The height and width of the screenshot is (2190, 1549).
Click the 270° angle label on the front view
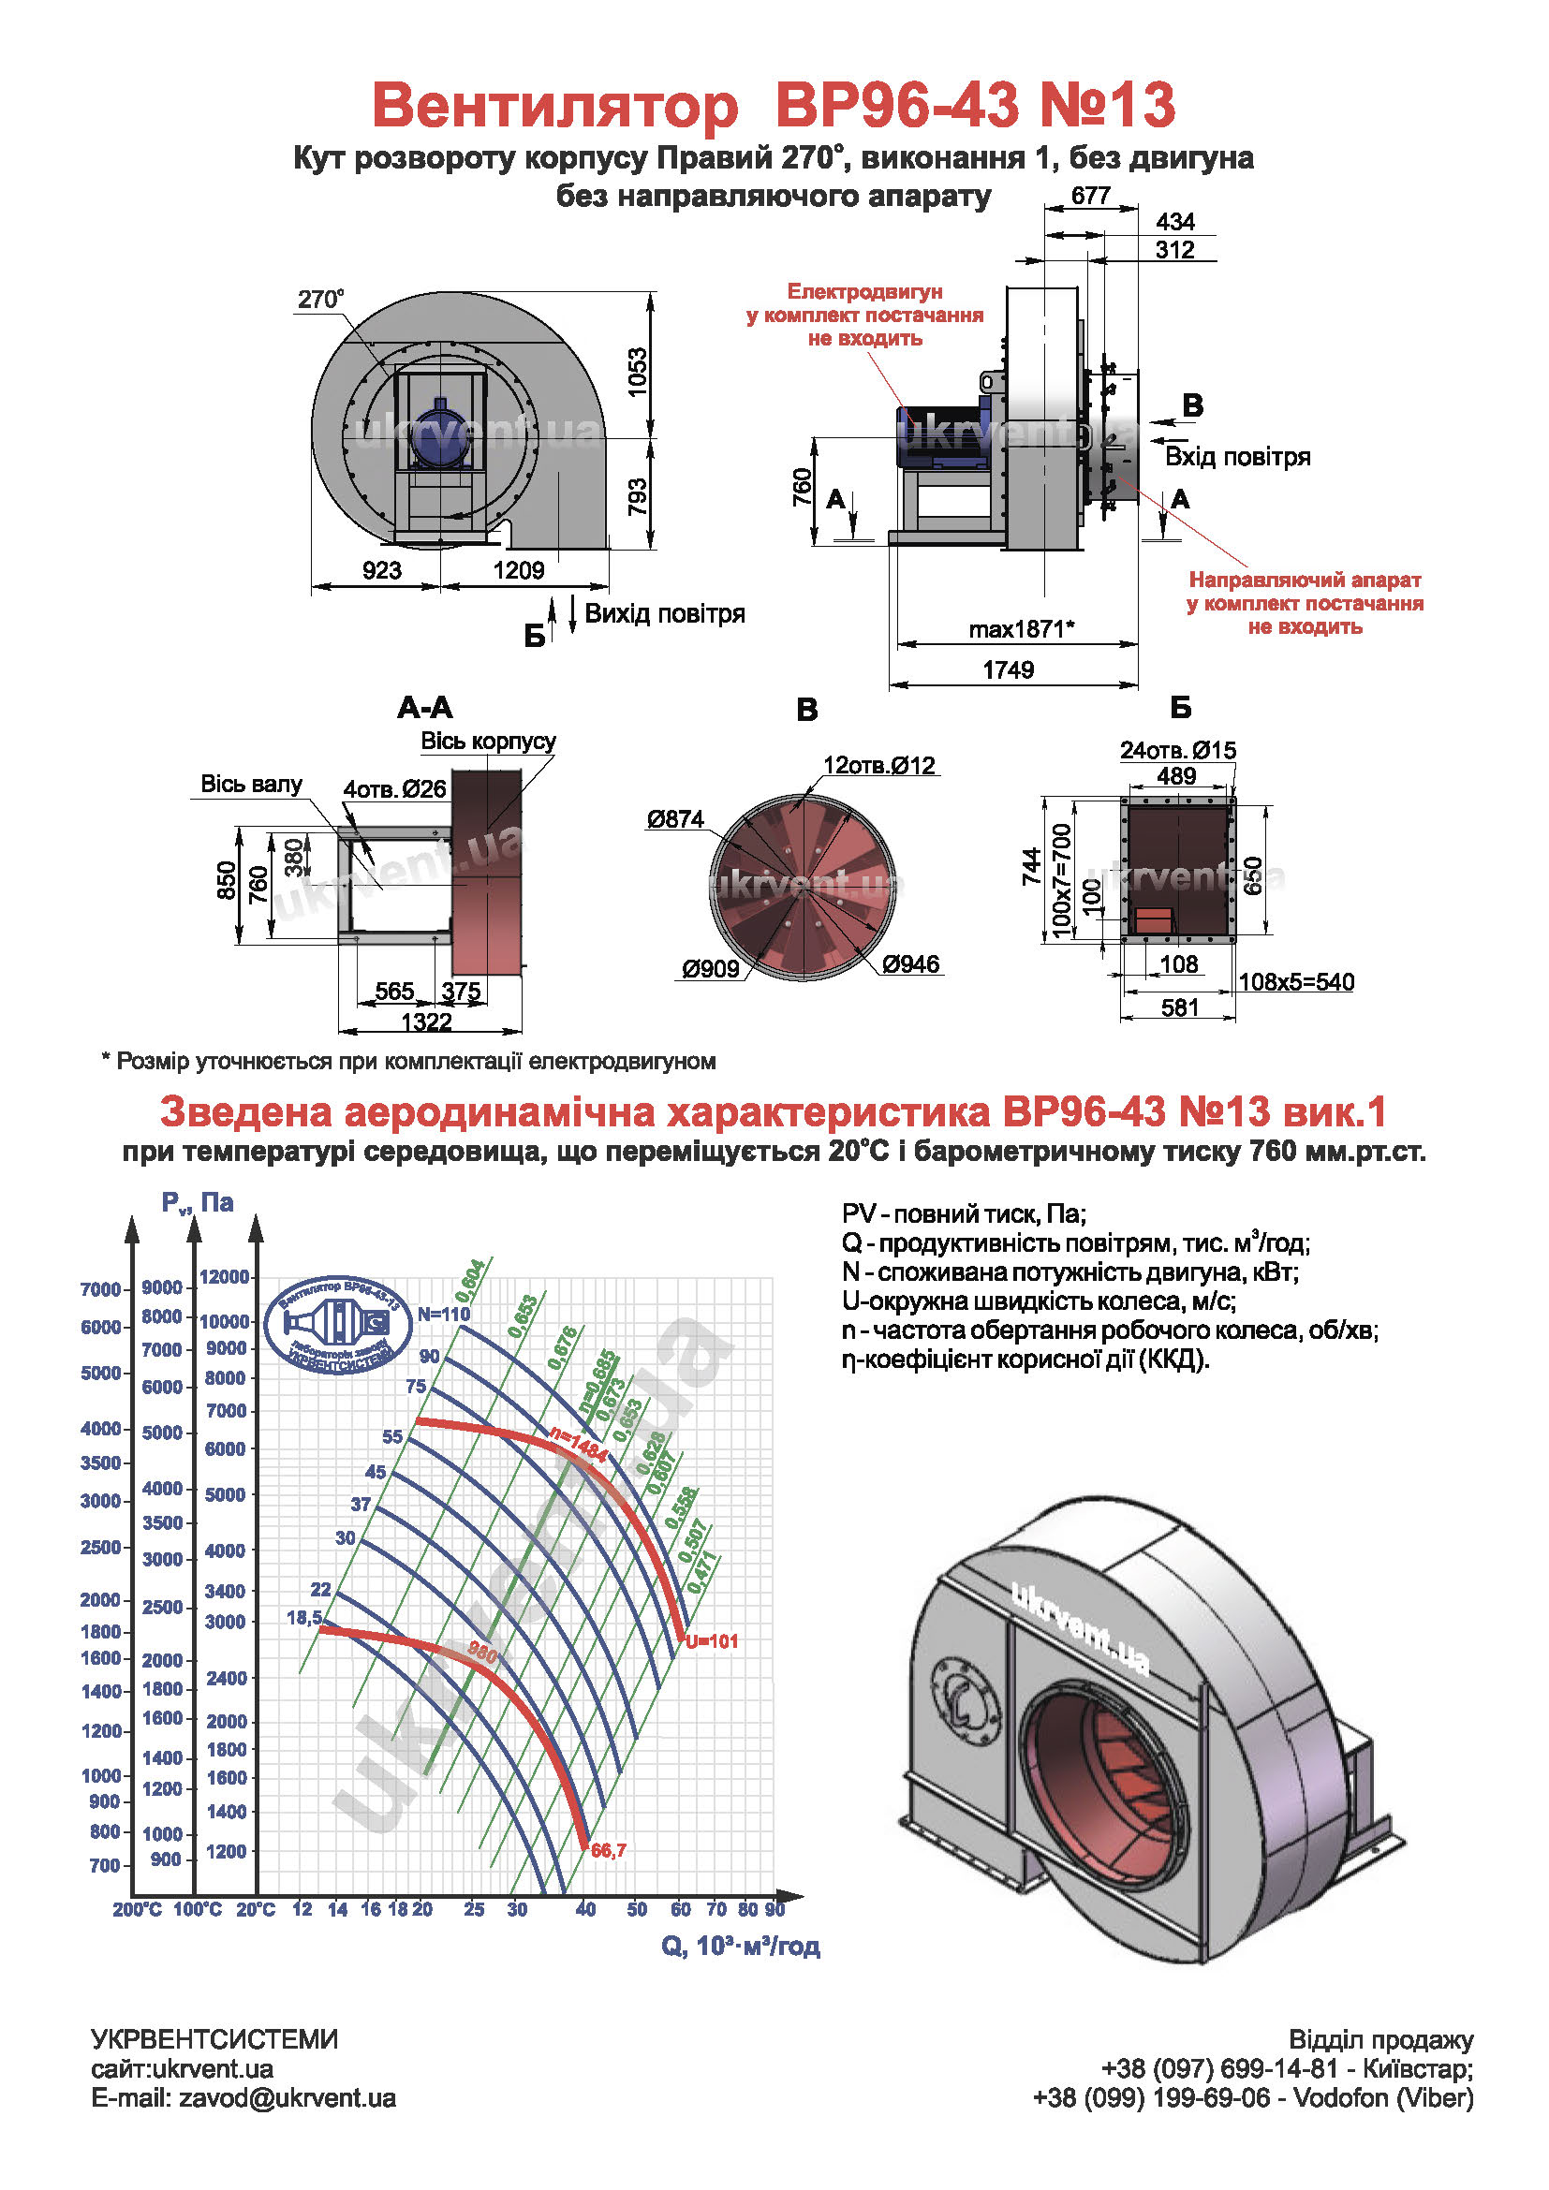point(319,299)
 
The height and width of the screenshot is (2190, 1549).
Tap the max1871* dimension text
point(1022,628)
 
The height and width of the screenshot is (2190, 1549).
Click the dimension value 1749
point(1009,669)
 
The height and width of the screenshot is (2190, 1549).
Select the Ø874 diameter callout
point(674,818)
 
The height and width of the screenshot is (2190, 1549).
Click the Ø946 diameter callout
point(911,964)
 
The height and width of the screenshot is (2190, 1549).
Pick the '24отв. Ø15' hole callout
point(1177,751)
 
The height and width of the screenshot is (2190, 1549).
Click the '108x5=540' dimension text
point(1295,982)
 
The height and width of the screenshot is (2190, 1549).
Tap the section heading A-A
point(424,708)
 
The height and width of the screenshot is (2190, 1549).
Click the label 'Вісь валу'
point(251,784)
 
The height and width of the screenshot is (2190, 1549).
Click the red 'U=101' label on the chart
point(712,1641)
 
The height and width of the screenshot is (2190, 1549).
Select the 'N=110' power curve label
point(444,1314)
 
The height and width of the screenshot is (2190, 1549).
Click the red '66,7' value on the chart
point(609,1850)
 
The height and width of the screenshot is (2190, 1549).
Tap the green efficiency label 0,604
point(470,1280)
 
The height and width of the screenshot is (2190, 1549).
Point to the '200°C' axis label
point(137,1909)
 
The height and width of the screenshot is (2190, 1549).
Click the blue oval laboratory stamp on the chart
point(337,1324)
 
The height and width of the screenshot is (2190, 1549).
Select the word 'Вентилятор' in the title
point(554,105)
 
